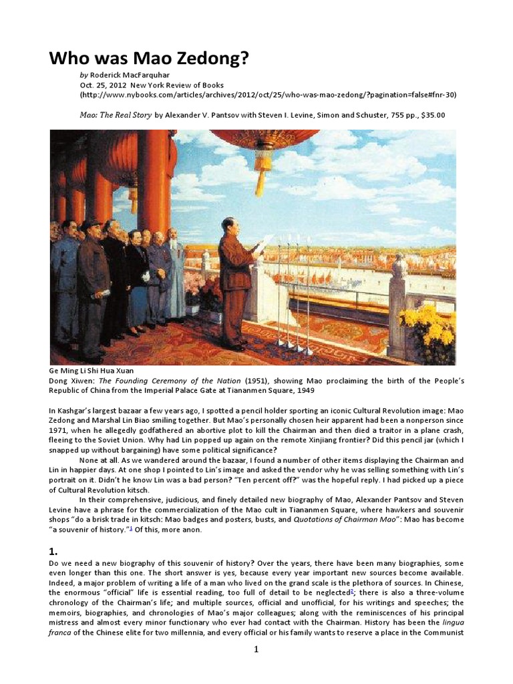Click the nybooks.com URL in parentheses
pyautogui.click(x=267, y=95)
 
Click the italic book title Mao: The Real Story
pyautogui.click(x=115, y=115)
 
